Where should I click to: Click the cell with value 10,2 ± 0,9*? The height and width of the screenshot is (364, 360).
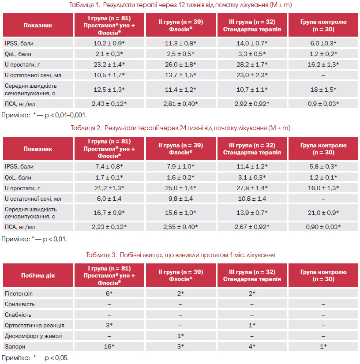pyautogui.click(x=109, y=43)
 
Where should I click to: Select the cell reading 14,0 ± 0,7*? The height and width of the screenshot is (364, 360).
pyautogui.click(x=252, y=43)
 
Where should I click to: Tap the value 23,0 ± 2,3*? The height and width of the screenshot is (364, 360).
pyautogui.click(x=252, y=75)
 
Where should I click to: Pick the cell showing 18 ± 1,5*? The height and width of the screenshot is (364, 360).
pyautogui.click(x=323, y=90)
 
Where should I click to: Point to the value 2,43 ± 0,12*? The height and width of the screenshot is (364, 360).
pyautogui.click(x=109, y=104)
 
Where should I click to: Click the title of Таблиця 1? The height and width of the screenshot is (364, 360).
pyautogui.click(x=180, y=5)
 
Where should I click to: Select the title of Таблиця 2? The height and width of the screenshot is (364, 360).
pyautogui.click(x=180, y=128)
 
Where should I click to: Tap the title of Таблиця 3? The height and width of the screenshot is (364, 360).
pyautogui.click(x=180, y=255)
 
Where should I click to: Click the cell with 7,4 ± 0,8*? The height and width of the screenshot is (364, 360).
pyautogui.click(x=109, y=166)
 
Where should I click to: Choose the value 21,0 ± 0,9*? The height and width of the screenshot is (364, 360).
pyautogui.click(x=323, y=213)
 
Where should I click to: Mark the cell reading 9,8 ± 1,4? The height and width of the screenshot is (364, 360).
pyautogui.click(x=180, y=199)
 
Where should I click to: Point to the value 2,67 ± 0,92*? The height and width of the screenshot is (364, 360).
pyautogui.click(x=252, y=227)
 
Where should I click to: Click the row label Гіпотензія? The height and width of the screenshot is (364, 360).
pyautogui.click(x=19, y=294)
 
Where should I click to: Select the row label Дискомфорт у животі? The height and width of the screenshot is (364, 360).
pyautogui.click(x=34, y=336)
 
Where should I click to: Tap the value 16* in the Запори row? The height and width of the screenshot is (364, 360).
pyautogui.click(x=109, y=347)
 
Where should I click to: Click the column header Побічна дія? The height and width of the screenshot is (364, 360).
pyautogui.click(x=38, y=276)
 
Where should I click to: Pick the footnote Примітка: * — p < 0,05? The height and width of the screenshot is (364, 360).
pyautogui.click(x=35, y=358)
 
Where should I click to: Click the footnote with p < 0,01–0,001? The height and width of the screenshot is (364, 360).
pyautogui.click(x=44, y=115)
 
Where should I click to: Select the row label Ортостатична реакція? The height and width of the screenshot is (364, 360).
pyautogui.click(x=34, y=326)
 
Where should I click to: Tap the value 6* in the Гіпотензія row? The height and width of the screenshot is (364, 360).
pyautogui.click(x=109, y=293)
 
